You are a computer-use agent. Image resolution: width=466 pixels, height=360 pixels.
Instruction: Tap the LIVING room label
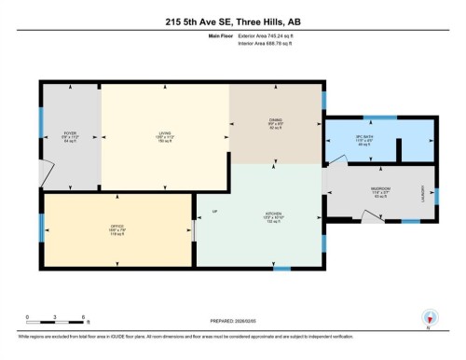165,133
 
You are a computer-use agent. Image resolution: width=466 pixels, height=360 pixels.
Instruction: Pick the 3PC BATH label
364,142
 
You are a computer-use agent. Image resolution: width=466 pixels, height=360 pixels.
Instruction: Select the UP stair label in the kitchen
214,214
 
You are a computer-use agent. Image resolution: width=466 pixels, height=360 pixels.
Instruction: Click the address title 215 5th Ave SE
233,21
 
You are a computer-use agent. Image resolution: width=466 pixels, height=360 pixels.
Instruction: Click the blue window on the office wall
41,228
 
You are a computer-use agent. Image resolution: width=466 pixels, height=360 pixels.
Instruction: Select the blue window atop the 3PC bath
379,118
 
